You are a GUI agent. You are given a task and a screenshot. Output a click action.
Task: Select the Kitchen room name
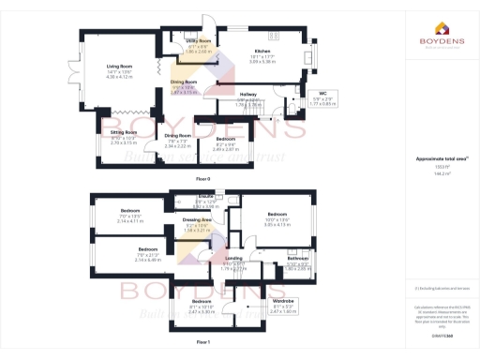(262, 52)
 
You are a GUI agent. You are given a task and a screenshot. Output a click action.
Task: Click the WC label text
(322, 94)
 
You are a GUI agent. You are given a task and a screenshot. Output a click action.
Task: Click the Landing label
(234, 259)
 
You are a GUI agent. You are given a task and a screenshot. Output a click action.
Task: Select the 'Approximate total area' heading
(434, 159)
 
